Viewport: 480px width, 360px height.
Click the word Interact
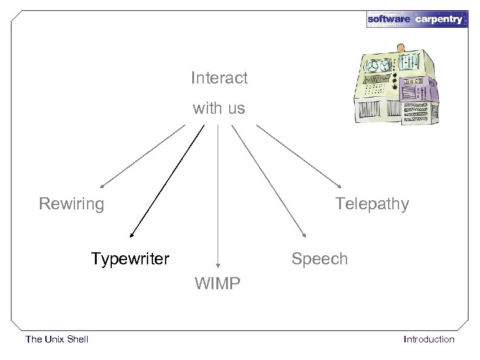click(219, 78)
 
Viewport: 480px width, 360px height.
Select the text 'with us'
click(219, 109)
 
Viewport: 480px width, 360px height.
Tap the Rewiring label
click(71, 204)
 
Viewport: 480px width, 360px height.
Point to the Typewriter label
click(130, 260)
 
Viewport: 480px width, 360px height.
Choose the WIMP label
click(218, 283)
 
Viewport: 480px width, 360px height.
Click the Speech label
click(319, 260)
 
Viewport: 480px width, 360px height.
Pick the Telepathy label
click(372, 204)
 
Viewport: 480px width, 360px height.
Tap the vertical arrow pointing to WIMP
click(218, 194)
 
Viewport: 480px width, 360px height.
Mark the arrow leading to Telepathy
click(299, 155)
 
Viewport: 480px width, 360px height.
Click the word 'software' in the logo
click(389, 19)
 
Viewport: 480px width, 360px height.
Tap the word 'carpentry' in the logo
click(439, 19)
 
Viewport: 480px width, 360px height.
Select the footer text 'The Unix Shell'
click(57, 339)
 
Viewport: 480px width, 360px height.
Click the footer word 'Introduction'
click(429, 339)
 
